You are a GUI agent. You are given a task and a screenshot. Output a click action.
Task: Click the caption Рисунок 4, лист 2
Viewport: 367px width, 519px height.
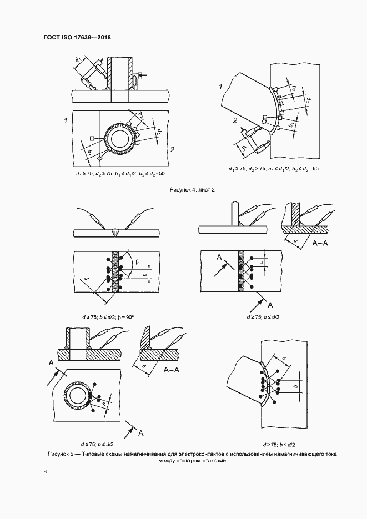click(192, 190)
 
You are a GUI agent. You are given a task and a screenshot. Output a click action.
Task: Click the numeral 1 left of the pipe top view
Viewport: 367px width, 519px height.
click(66, 120)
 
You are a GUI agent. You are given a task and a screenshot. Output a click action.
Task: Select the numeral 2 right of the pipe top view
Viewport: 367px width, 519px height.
click(172, 149)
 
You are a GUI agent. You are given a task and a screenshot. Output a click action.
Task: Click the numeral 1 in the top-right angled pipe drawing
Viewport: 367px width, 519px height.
click(220, 88)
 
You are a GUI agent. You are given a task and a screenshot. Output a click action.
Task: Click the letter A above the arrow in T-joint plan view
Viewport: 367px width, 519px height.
click(219, 256)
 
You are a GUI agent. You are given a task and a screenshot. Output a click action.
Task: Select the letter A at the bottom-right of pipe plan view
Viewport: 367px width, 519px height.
click(141, 432)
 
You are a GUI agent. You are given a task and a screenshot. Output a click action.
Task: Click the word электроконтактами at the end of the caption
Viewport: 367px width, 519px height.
click(200, 460)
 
